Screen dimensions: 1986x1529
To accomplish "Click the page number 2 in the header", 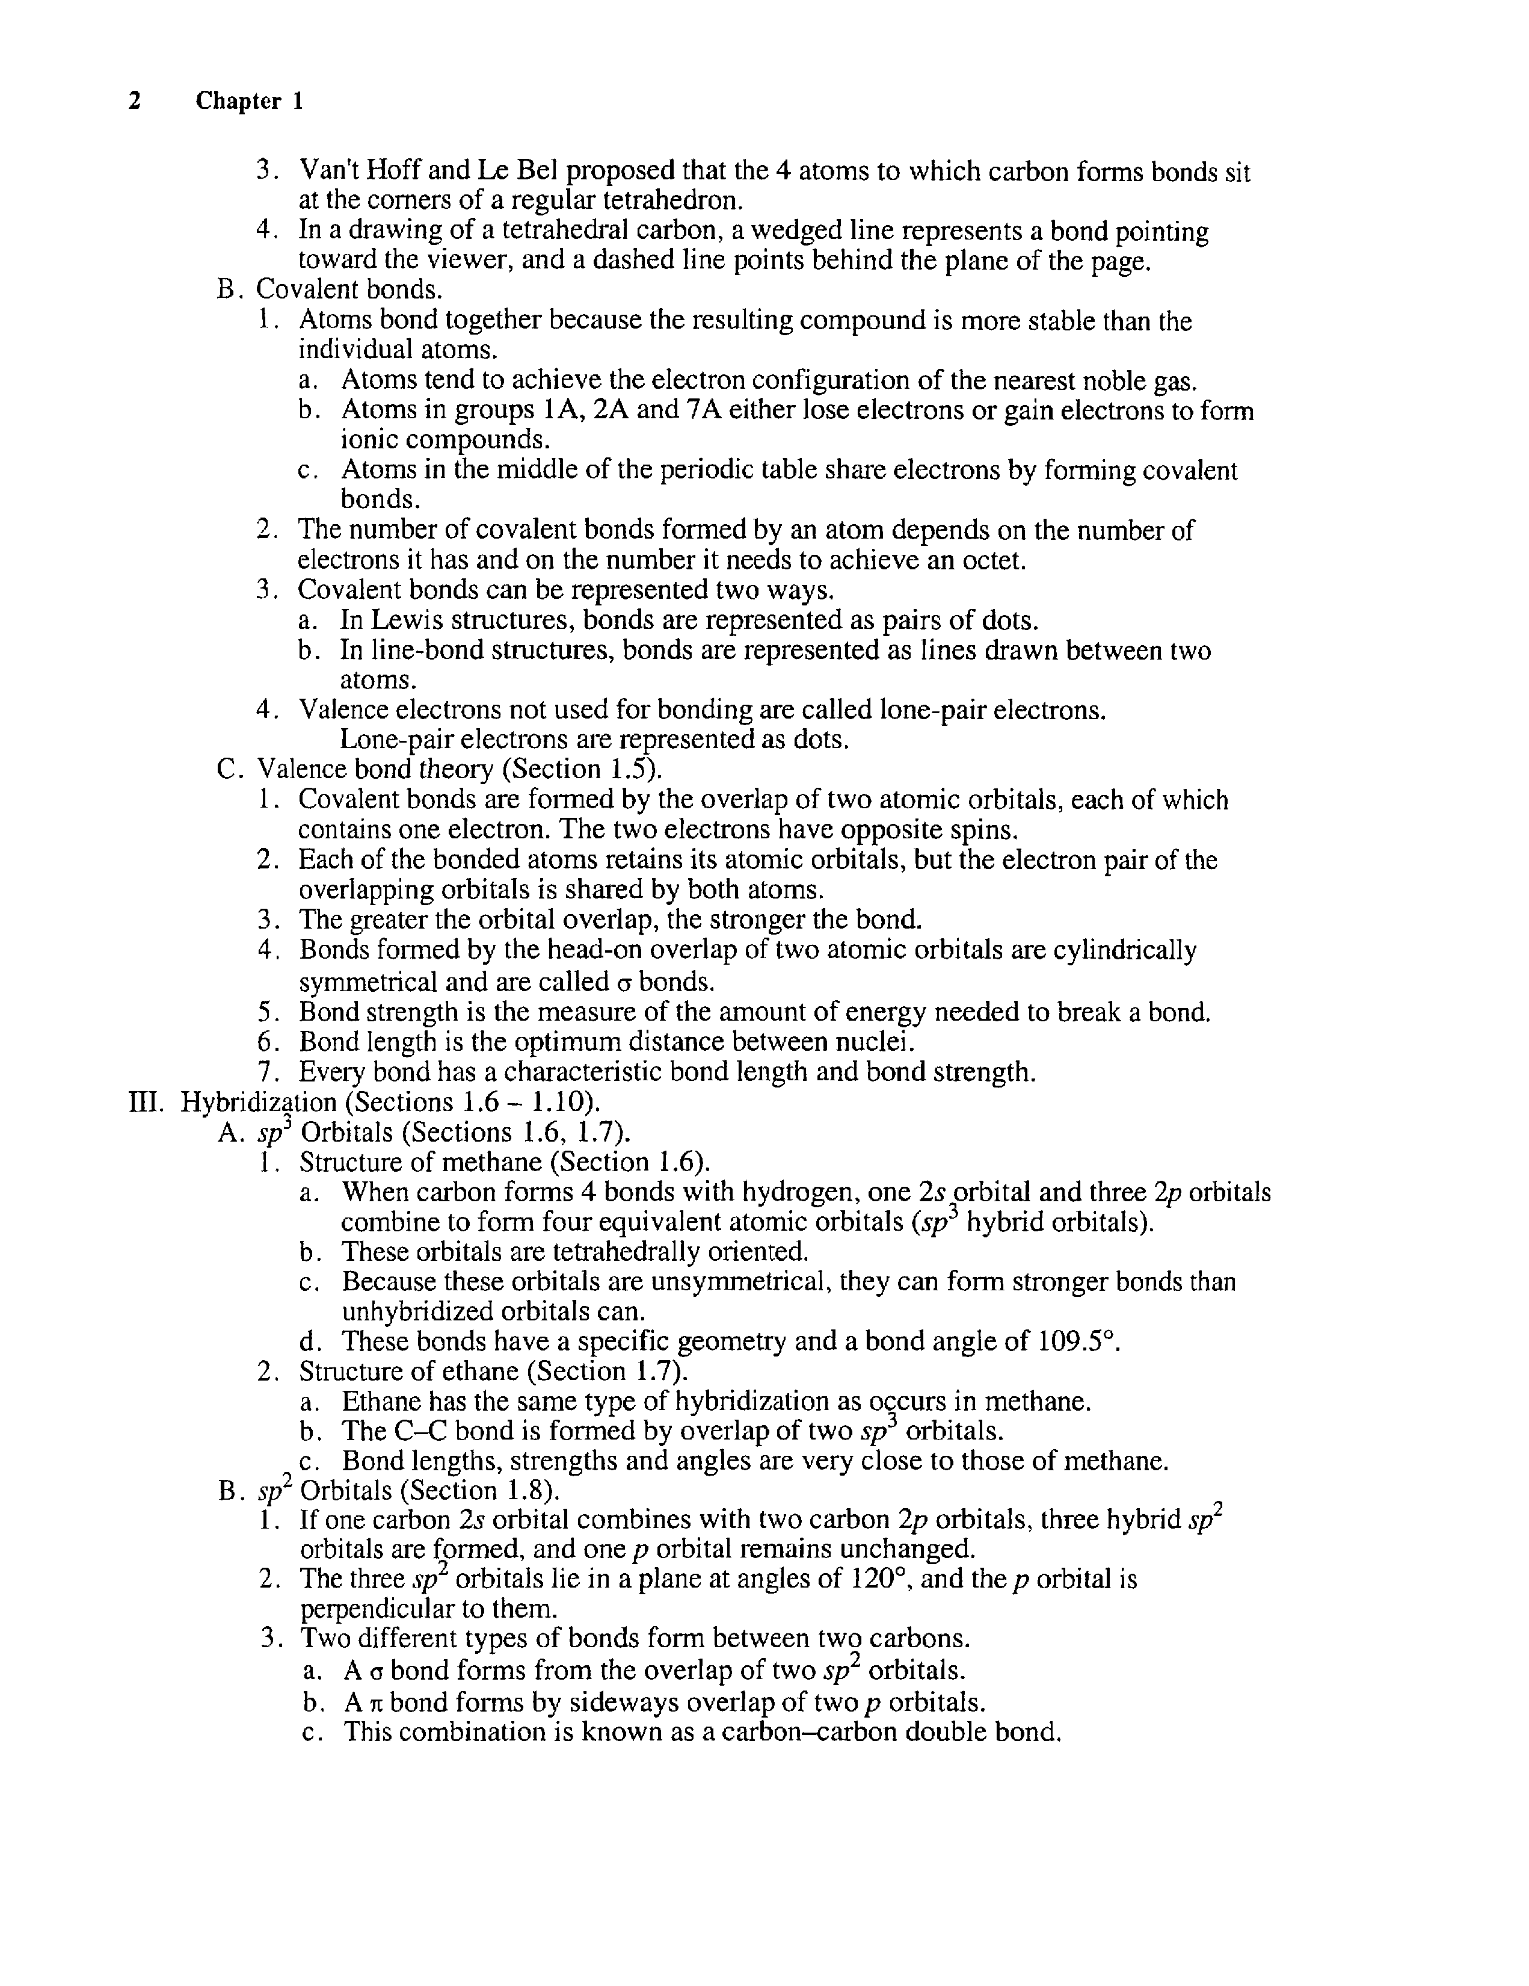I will point(135,101).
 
